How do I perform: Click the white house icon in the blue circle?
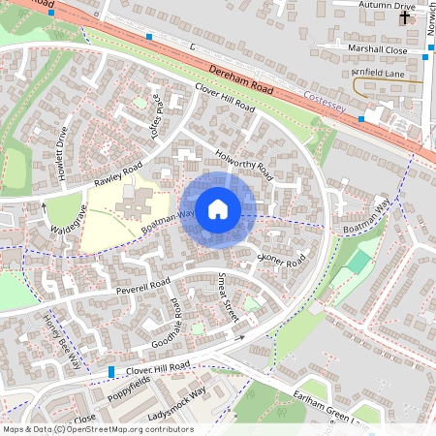[x=218, y=209]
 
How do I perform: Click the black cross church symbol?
[x=404, y=17]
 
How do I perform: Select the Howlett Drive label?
[x=63, y=149]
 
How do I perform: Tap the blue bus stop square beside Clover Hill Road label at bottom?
[x=112, y=372]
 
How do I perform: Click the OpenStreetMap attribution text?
[x=97, y=428]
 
